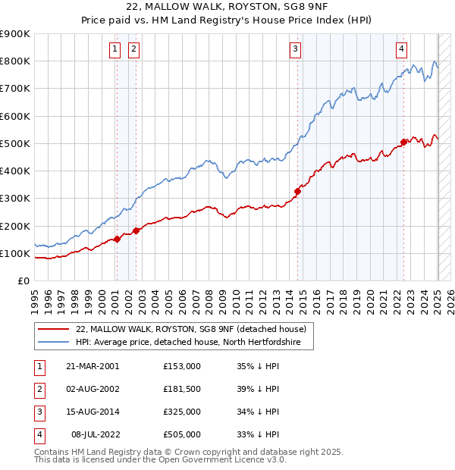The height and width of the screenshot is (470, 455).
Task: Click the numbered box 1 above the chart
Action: [x=115, y=50]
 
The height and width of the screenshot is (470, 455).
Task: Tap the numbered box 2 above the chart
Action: [x=133, y=50]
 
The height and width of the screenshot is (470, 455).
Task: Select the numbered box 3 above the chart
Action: [x=295, y=50]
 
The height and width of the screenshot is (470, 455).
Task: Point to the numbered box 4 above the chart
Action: [x=401, y=50]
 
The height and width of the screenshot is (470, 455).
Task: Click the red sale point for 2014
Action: [x=298, y=192]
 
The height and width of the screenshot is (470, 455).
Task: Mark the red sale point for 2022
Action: [x=404, y=142]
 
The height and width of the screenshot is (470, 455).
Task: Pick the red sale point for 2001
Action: [x=118, y=239]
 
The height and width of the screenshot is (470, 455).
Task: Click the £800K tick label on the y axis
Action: [x=15, y=61]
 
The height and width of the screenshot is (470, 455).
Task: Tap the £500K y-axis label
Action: [x=15, y=143]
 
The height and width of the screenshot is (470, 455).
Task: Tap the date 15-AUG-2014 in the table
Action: [x=92, y=412]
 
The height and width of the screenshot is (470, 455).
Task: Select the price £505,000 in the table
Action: [x=181, y=435]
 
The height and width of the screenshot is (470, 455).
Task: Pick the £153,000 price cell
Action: [x=181, y=366]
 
